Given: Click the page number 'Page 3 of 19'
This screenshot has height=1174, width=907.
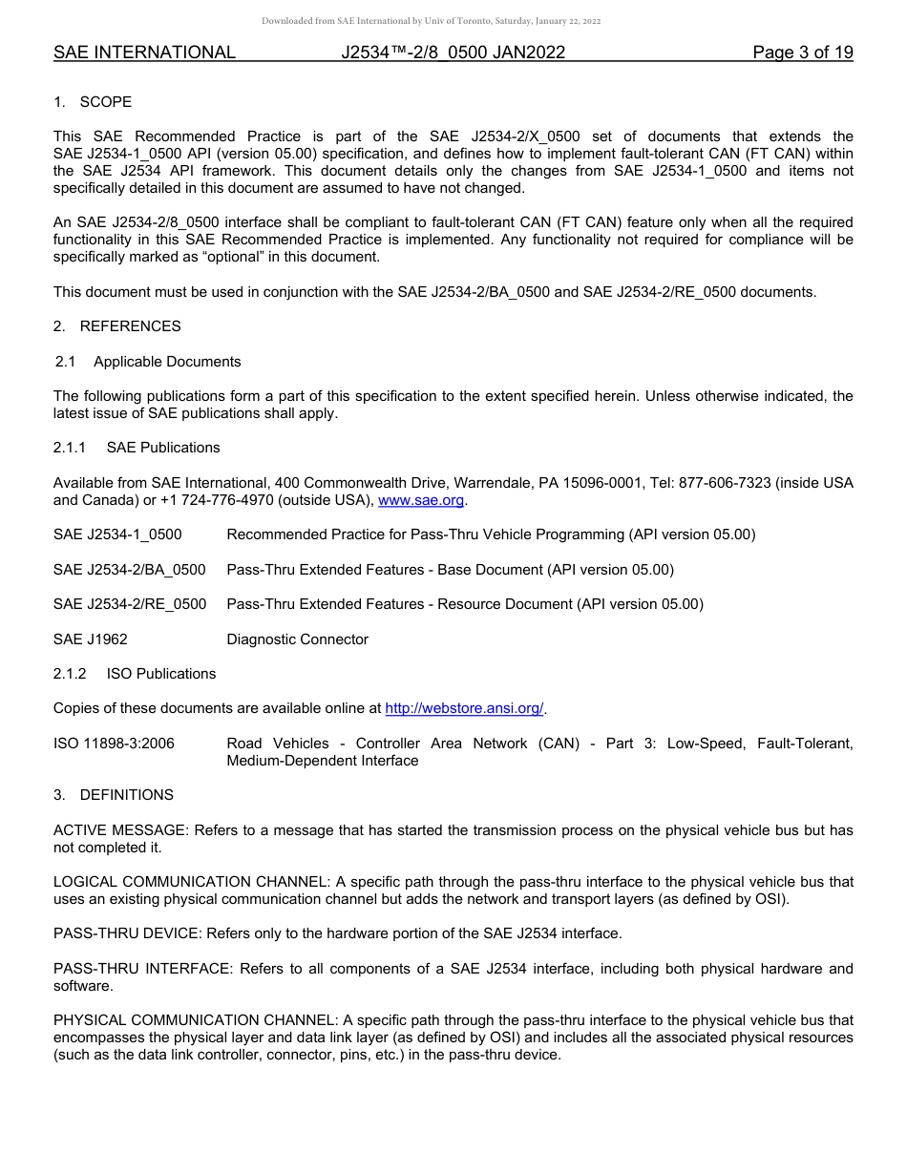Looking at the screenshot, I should click(802, 52).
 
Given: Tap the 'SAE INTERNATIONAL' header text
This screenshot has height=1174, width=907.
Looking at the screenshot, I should click(144, 52).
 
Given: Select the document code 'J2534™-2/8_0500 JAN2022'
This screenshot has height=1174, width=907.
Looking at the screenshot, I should click(453, 52).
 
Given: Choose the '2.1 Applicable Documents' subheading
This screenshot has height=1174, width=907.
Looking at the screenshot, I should click(148, 362).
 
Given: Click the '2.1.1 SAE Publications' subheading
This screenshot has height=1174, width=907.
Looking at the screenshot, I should click(137, 448).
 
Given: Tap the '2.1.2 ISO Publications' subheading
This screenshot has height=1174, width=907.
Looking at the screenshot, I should click(135, 674).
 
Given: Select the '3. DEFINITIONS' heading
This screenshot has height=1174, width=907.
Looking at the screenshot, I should click(114, 795).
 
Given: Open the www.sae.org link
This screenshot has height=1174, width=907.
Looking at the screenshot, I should click(421, 500).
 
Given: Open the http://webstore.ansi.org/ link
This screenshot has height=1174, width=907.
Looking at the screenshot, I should click(464, 708).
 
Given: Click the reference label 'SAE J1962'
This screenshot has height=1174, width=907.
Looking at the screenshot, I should click(91, 639).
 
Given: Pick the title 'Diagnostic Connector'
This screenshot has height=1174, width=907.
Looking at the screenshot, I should click(297, 639).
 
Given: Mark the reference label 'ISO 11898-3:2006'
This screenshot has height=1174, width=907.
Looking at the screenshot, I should click(114, 744).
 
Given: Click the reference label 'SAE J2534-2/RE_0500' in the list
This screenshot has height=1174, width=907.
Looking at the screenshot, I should click(130, 604).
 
